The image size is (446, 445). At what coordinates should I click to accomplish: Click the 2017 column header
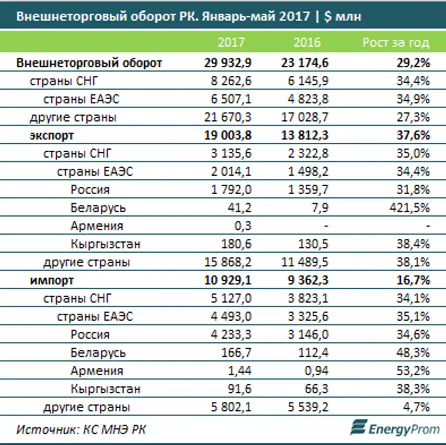pos(231,42)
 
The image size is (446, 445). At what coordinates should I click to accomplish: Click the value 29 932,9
pos(229,63)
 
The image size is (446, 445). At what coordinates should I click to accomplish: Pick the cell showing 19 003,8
pos(229,136)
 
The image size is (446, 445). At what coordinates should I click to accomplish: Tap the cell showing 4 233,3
pos(231,335)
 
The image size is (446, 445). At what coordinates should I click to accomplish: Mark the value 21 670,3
pos(229,118)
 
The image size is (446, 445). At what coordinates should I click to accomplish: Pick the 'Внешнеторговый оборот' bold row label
pos(89,63)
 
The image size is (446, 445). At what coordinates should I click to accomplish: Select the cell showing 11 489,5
pos(304,262)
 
